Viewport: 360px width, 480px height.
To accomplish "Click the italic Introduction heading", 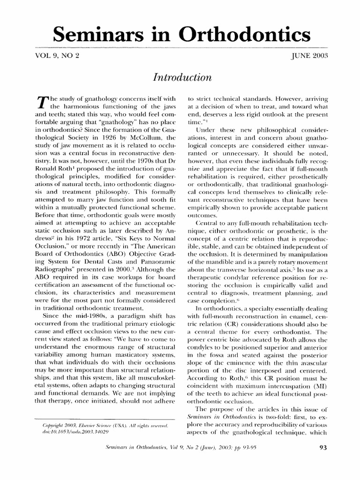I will point(180,76).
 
